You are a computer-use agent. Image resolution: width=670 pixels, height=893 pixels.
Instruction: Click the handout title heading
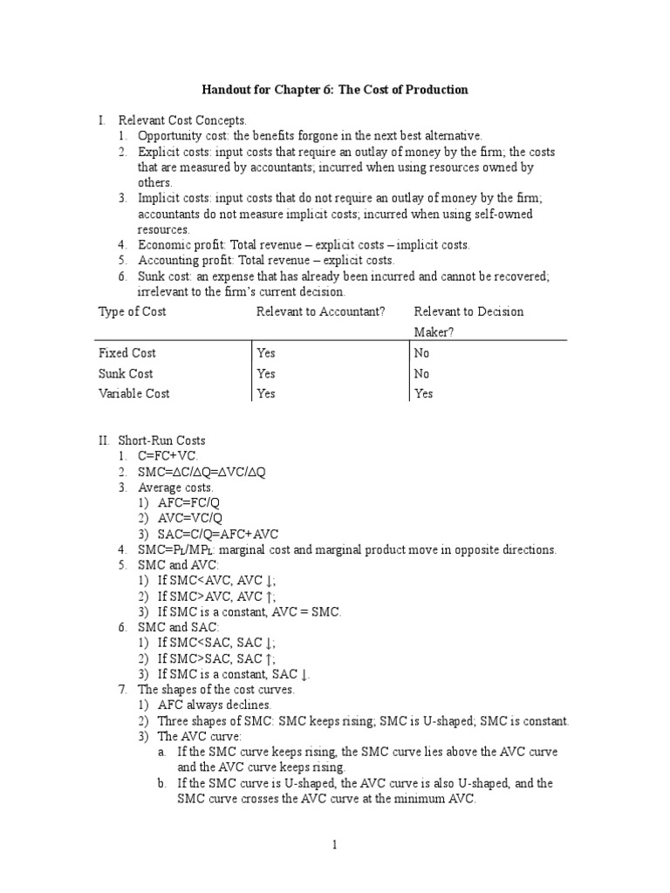click(335, 90)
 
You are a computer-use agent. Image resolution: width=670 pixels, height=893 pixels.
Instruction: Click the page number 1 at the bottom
click(336, 845)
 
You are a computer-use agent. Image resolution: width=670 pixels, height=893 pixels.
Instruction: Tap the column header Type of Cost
click(133, 311)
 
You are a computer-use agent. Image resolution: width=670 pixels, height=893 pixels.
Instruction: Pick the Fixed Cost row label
click(127, 353)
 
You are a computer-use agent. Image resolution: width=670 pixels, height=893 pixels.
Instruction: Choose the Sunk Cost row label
click(126, 373)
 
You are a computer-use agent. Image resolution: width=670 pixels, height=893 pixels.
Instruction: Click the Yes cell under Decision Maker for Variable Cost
click(423, 393)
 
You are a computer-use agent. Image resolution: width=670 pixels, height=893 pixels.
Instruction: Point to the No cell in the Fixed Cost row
click(421, 353)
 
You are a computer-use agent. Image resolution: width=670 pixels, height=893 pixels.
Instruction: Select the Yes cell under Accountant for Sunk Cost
click(266, 373)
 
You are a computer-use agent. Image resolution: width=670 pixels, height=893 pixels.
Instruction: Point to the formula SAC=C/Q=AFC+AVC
click(218, 534)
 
